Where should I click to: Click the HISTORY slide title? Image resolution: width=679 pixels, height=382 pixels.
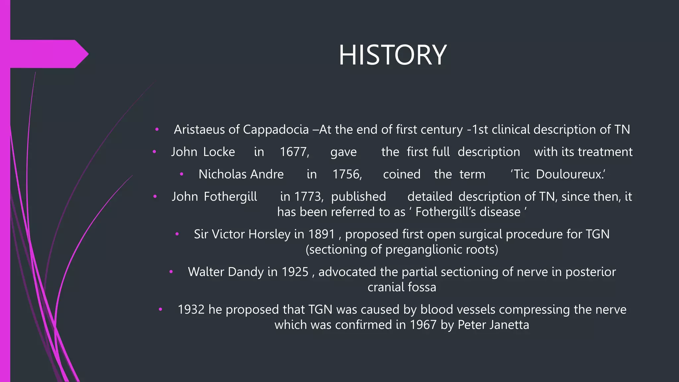click(x=393, y=55)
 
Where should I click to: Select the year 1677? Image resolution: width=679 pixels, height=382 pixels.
click(x=294, y=152)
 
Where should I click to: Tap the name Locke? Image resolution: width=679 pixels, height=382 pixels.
click(x=219, y=152)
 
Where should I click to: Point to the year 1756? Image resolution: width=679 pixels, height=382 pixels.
click(x=347, y=174)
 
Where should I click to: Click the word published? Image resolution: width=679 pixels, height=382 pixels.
click(x=358, y=197)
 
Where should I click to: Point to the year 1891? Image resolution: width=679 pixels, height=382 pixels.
click(x=321, y=234)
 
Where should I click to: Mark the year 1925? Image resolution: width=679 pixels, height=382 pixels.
click(x=295, y=272)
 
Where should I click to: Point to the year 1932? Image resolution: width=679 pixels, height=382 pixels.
click(x=191, y=310)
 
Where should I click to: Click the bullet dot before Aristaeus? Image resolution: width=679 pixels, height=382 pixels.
click(x=157, y=129)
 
